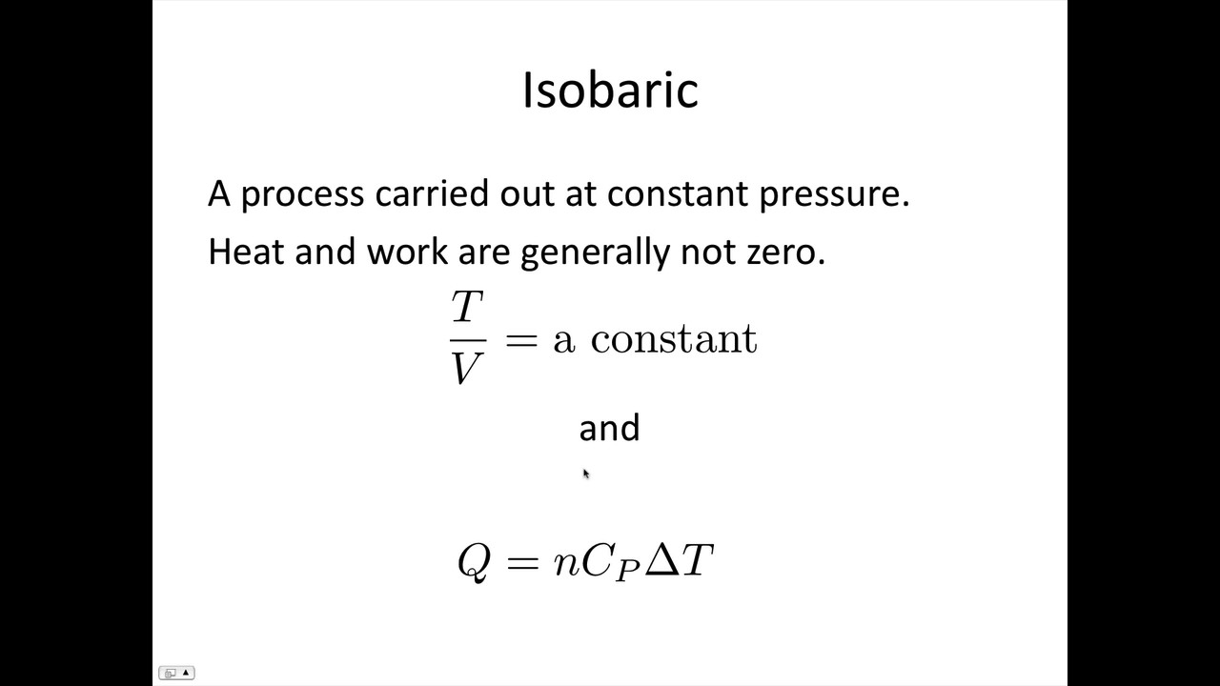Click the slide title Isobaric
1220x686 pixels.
[x=610, y=91]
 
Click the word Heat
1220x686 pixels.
[x=246, y=252]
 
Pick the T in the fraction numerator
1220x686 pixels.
[x=467, y=308]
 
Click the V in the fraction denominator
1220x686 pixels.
[x=467, y=368]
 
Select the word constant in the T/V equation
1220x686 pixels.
[x=674, y=339]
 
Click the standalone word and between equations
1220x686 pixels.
[x=609, y=428]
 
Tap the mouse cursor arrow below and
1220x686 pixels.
[x=585, y=474]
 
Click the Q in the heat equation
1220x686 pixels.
[x=474, y=561]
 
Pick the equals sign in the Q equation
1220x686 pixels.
[x=522, y=561]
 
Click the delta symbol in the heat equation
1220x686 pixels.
[x=661, y=559]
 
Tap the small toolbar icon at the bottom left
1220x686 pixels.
[x=175, y=673]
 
